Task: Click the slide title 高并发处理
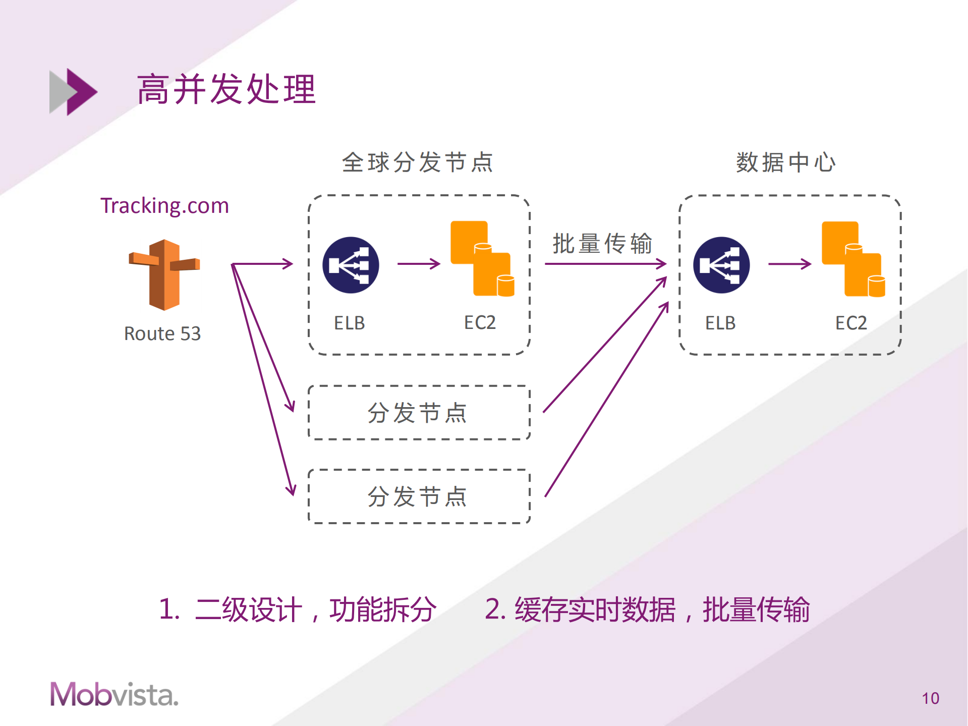[226, 90]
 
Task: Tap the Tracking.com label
[164, 206]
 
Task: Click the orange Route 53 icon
[164, 274]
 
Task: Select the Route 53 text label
[162, 333]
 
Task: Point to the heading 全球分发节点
[417, 162]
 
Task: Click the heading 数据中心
[785, 162]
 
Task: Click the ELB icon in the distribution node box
[351, 265]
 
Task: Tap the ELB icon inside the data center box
[721, 265]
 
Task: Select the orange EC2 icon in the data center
[853, 259]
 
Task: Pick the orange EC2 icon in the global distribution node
[482, 258]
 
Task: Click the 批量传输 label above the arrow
[602, 243]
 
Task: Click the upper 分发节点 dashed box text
[417, 413]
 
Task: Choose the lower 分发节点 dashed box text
[417, 496]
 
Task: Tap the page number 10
[930, 698]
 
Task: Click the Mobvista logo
[114, 694]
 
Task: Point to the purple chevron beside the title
[80, 92]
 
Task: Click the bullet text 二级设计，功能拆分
[315, 609]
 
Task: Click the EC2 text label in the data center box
[851, 323]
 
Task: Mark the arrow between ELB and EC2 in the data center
[789, 263]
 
